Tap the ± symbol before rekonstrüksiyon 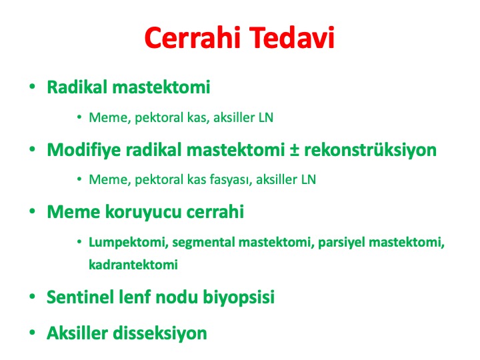pyautogui.click(x=294, y=151)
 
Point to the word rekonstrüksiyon pyautogui.click(x=371, y=151)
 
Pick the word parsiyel pyautogui.click(x=341, y=243)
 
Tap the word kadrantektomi pyautogui.click(x=133, y=265)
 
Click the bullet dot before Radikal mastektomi pyautogui.click(x=32, y=87)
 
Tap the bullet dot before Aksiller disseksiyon pyautogui.click(x=32, y=333)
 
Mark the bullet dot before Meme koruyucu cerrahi pyautogui.click(x=32, y=211)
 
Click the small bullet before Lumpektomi pyautogui.click(x=79, y=242)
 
